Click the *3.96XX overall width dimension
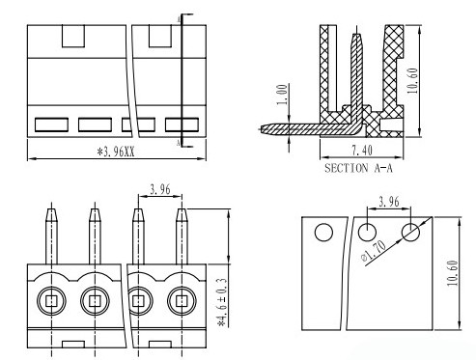116,152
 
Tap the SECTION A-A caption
358,168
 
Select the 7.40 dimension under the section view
362,151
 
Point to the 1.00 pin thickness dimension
282,95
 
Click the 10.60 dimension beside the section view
412,80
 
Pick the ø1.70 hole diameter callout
374,251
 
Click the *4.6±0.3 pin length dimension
222,303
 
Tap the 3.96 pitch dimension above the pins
160,189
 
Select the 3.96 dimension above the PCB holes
389,202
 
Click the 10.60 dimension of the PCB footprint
452,273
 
